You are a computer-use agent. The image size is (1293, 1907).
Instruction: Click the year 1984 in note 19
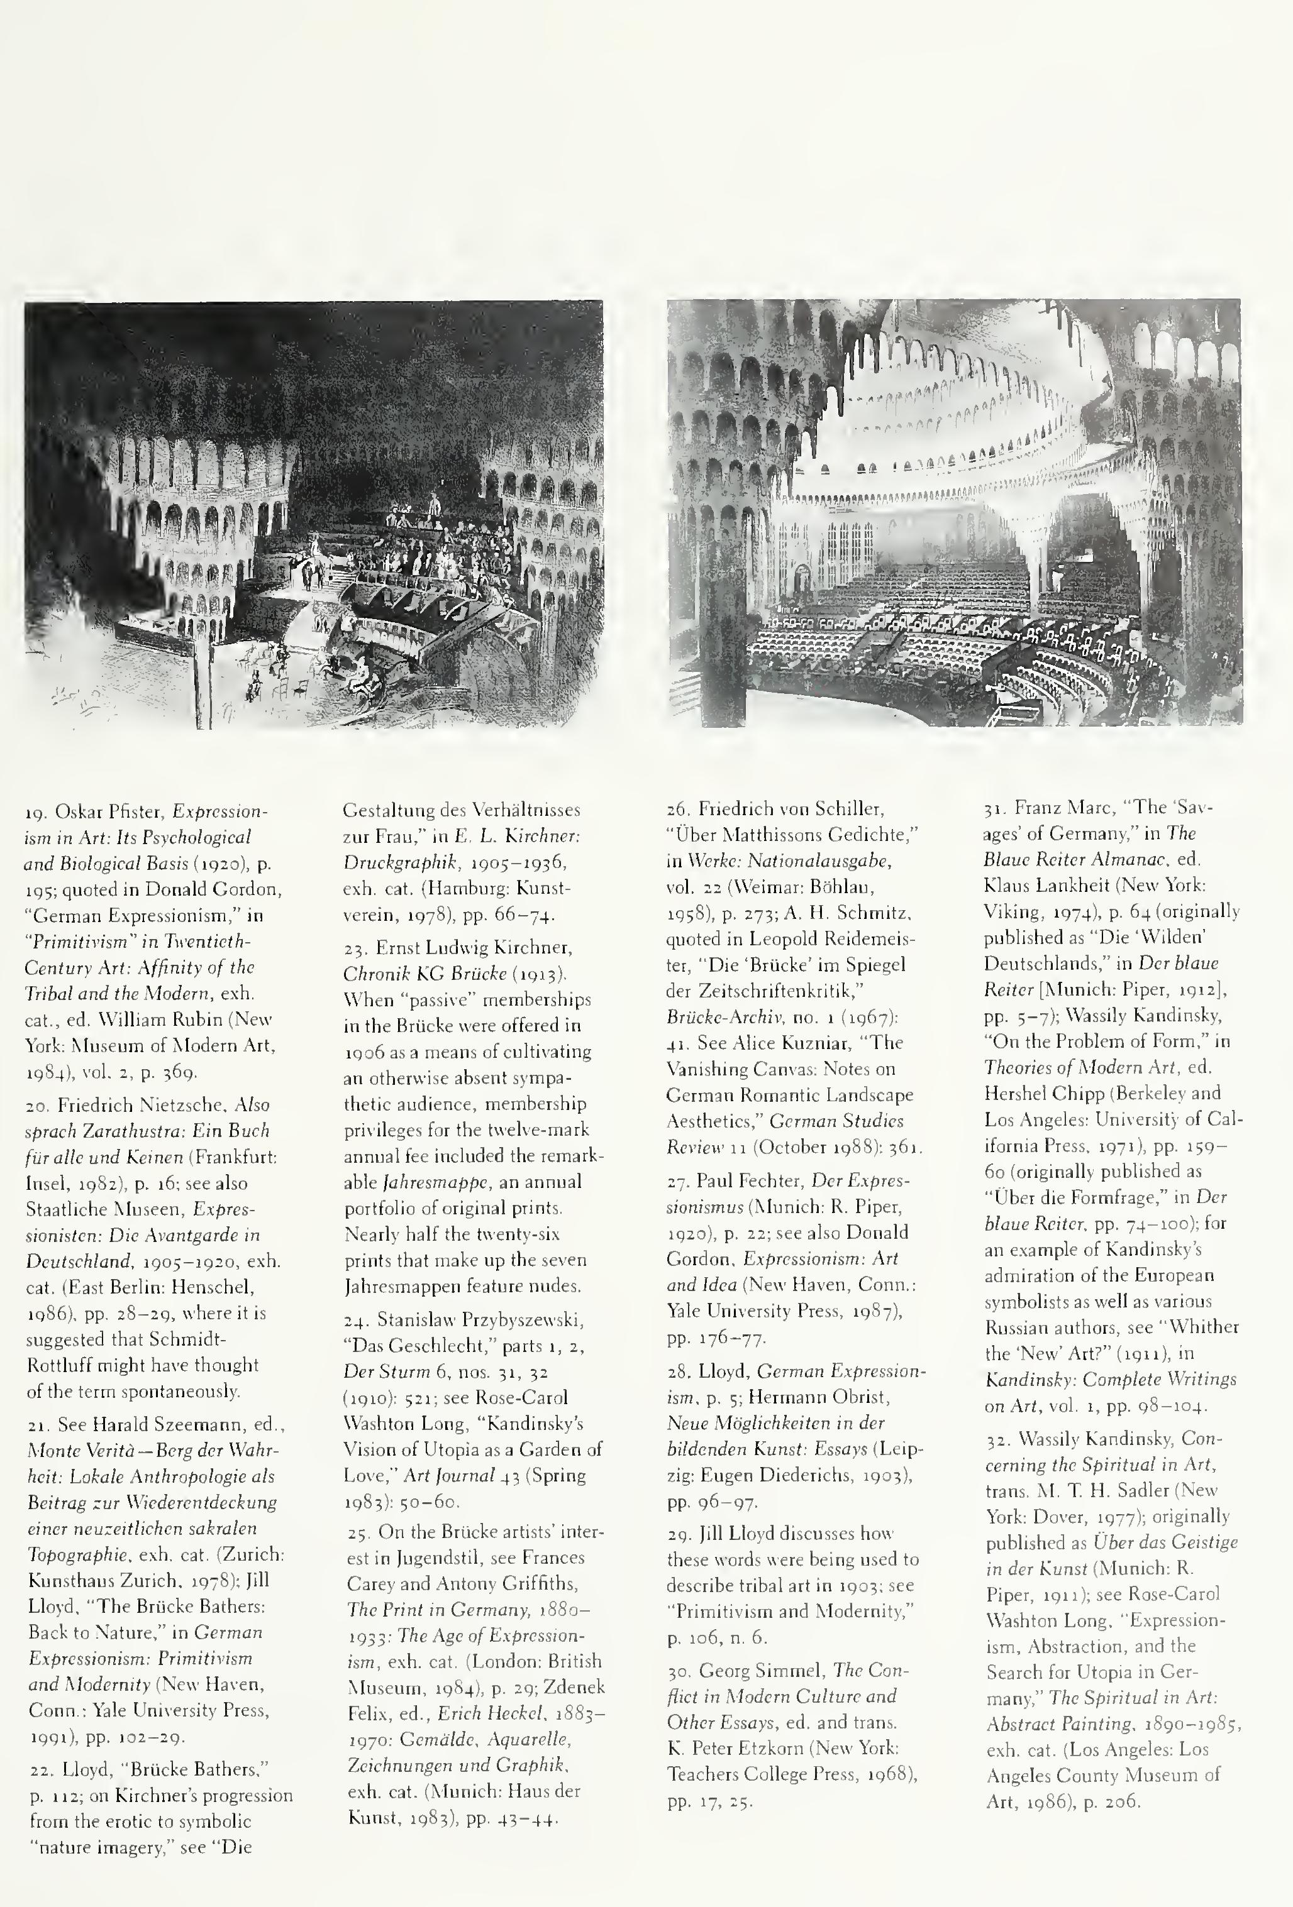coord(45,1072)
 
